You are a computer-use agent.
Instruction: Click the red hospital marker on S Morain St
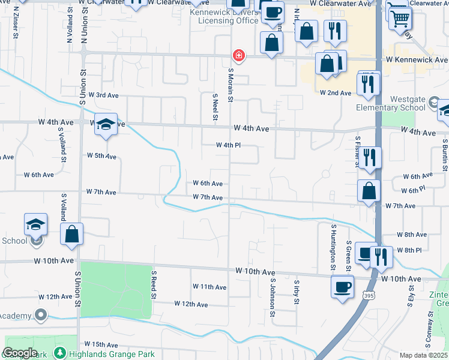point(239,56)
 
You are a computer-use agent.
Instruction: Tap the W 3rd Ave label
point(103,95)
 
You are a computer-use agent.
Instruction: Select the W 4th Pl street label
point(228,145)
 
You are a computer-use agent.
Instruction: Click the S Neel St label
point(215,107)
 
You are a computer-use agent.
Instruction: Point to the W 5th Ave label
point(101,156)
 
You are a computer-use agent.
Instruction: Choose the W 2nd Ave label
point(335,93)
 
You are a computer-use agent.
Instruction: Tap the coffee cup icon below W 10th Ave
point(342,286)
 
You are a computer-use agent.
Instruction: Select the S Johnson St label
point(273,297)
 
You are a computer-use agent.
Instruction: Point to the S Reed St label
point(154,284)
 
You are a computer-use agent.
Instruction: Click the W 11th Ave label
point(209,287)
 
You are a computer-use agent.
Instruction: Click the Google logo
point(20,353)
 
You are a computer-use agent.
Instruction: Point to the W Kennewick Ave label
point(417,60)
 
